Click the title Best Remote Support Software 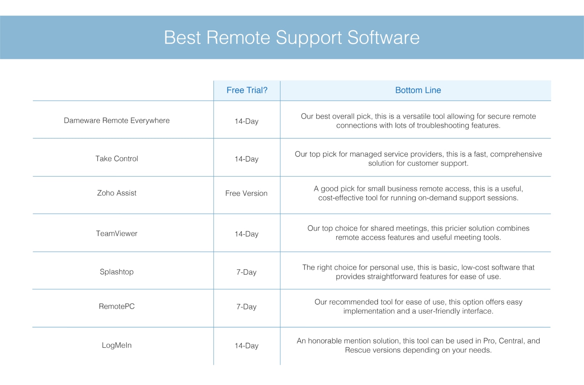pyautogui.click(x=292, y=38)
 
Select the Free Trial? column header pyautogui.click(x=247, y=90)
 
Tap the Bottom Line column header pyautogui.click(x=418, y=90)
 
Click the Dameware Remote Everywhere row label pyautogui.click(x=117, y=120)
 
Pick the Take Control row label pyautogui.click(x=117, y=158)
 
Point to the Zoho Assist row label pyautogui.click(x=117, y=193)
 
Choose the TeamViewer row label pyautogui.click(x=117, y=234)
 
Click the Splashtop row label pyautogui.click(x=117, y=272)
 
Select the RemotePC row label pyautogui.click(x=117, y=306)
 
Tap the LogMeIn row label pyautogui.click(x=117, y=345)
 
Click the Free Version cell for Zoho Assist pyautogui.click(x=246, y=193)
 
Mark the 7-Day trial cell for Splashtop pyautogui.click(x=246, y=272)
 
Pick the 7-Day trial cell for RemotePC pyautogui.click(x=246, y=307)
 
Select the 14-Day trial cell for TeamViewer pyautogui.click(x=246, y=234)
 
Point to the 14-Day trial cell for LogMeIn pyautogui.click(x=246, y=346)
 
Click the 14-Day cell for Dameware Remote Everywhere pyautogui.click(x=246, y=121)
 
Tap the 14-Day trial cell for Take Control pyautogui.click(x=246, y=159)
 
